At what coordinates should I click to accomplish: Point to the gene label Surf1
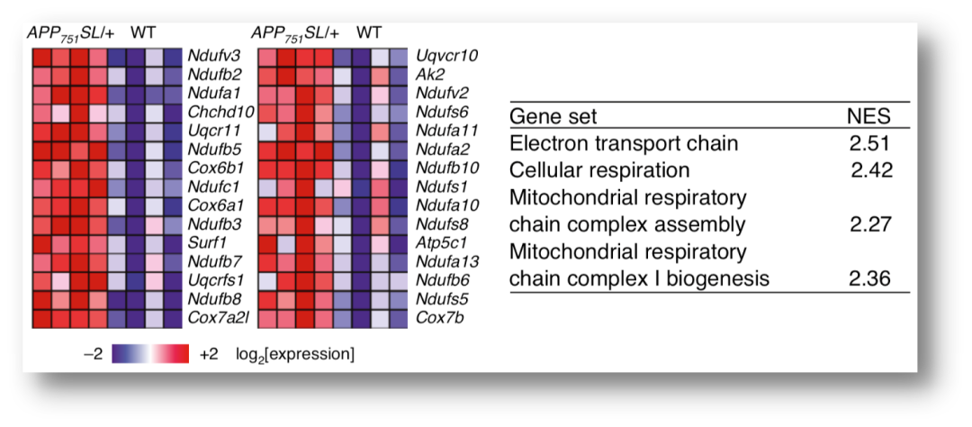pyautogui.click(x=205, y=242)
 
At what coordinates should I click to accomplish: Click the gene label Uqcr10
pyautogui.click(x=446, y=56)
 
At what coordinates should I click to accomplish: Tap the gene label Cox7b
pyautogui.click(x=439, y=317)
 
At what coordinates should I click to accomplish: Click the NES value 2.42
pyautogui.click(x=871, y=170)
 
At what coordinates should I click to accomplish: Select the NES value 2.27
pyautogui.click(x=869, y=224)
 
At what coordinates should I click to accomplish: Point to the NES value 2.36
pyautogui.click(x=869, y=278)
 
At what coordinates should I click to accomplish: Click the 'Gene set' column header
pyautogui.click(x=553, y=117)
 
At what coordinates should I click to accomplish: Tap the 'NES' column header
pyautogui.click(x=868, y=117)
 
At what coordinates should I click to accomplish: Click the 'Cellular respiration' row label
pyautogui.click(x=599, y=170)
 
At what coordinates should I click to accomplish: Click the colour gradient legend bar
pyautogui.click(x=150, y=354)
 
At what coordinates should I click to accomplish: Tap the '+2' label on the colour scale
pyautogui.click(x=208, y=354)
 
